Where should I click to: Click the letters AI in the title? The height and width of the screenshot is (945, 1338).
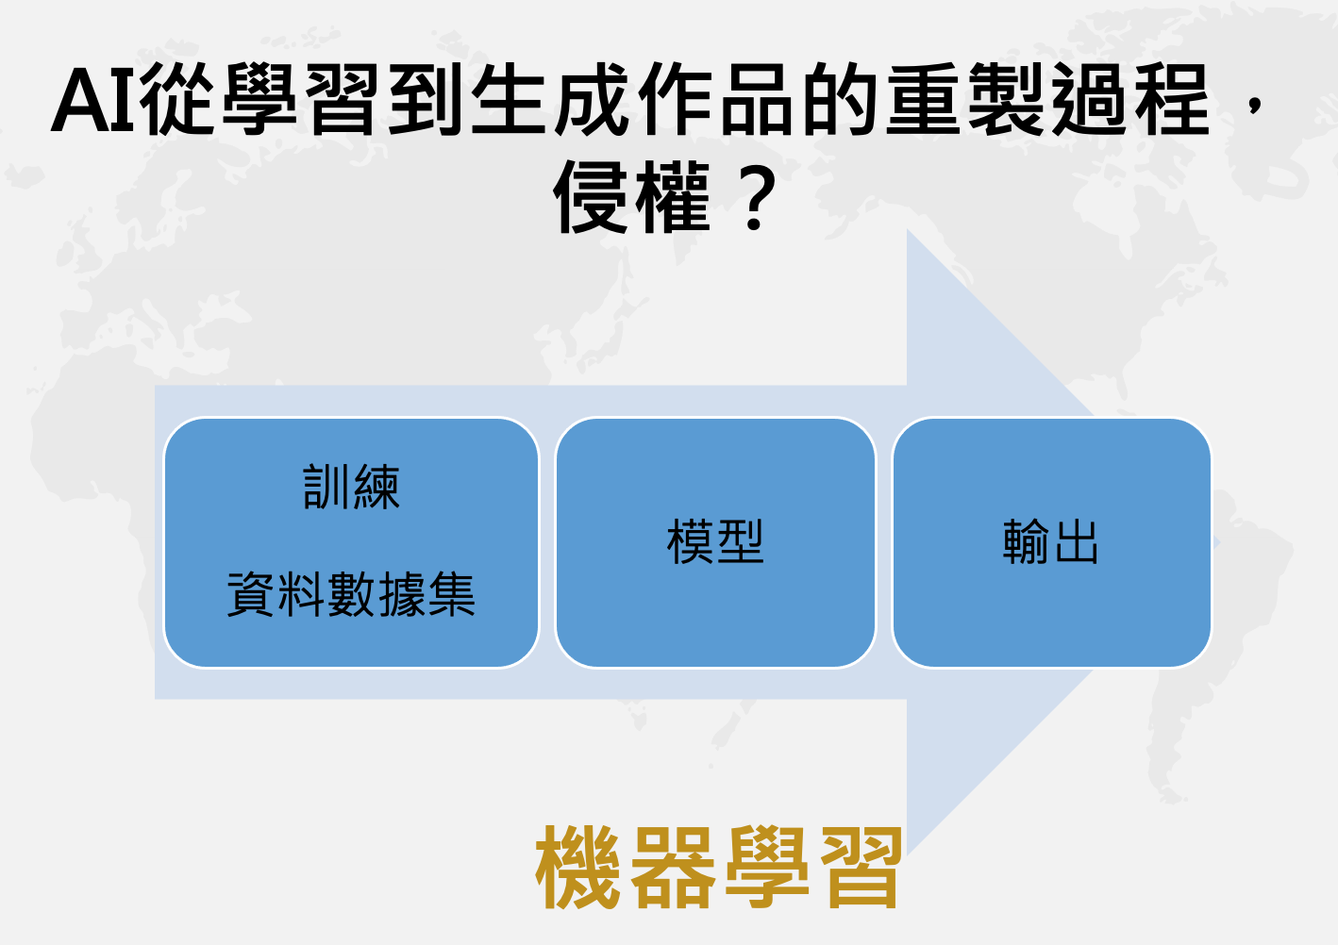94,100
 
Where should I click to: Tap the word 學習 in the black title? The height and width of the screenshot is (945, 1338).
301,99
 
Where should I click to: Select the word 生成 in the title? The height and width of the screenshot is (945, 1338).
549,99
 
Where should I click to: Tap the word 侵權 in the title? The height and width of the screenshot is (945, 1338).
632,197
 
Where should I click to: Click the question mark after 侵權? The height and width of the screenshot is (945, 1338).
755,198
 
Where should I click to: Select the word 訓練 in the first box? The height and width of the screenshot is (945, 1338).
351,488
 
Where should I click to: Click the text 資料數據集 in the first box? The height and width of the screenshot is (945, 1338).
351,594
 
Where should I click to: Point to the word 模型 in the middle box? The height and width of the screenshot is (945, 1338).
715,541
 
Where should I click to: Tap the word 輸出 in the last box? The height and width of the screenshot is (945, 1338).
1051,541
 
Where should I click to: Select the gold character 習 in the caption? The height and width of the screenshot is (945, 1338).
861,868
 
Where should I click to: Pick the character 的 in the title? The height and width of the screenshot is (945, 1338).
840,99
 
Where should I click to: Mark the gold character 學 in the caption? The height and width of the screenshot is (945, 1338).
767,868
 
